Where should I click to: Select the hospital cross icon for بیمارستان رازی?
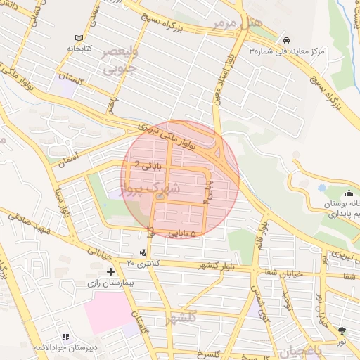[x=110, y=271]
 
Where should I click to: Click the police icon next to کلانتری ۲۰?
[x=144, y=252]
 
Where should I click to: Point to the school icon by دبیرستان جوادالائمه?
[x=65, y=337]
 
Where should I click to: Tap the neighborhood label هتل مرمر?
[x=240, y=23]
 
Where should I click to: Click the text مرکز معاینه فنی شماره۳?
[x=289, y=52]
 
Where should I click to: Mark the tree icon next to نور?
[x=342, y=330]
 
